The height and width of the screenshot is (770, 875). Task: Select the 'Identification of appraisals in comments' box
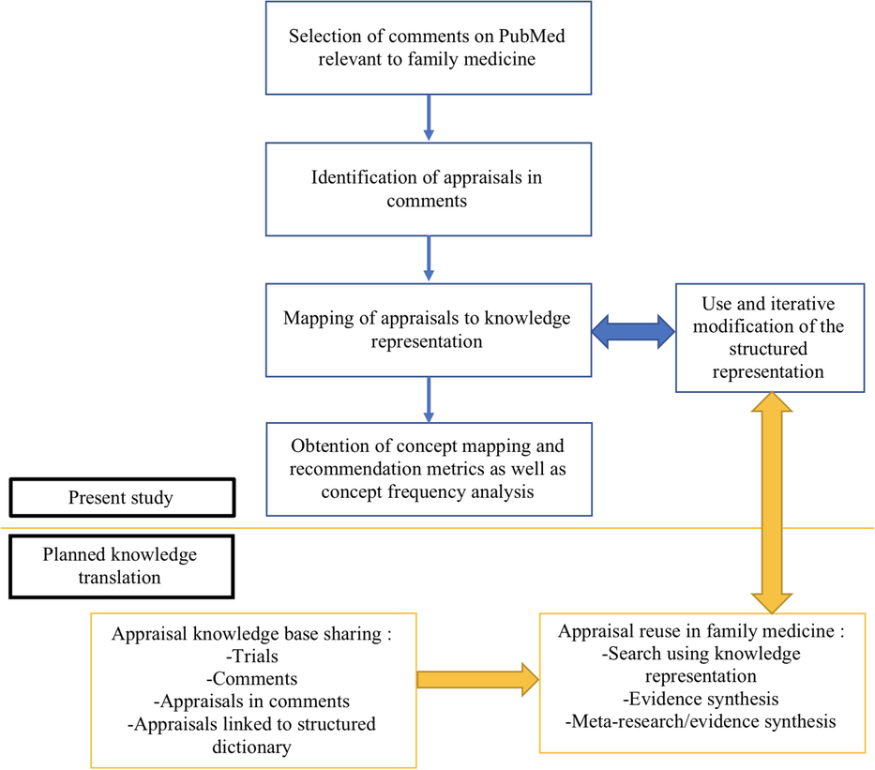coord(428,189)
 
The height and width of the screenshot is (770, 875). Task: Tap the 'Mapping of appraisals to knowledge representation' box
coord(428,329)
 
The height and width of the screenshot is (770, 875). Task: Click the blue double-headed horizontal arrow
coord(634,329)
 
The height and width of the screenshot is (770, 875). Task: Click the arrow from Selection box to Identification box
coord(429,118)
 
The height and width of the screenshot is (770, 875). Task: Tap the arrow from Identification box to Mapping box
coord(429,259)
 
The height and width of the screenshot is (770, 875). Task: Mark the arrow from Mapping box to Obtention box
coord(429,400)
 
